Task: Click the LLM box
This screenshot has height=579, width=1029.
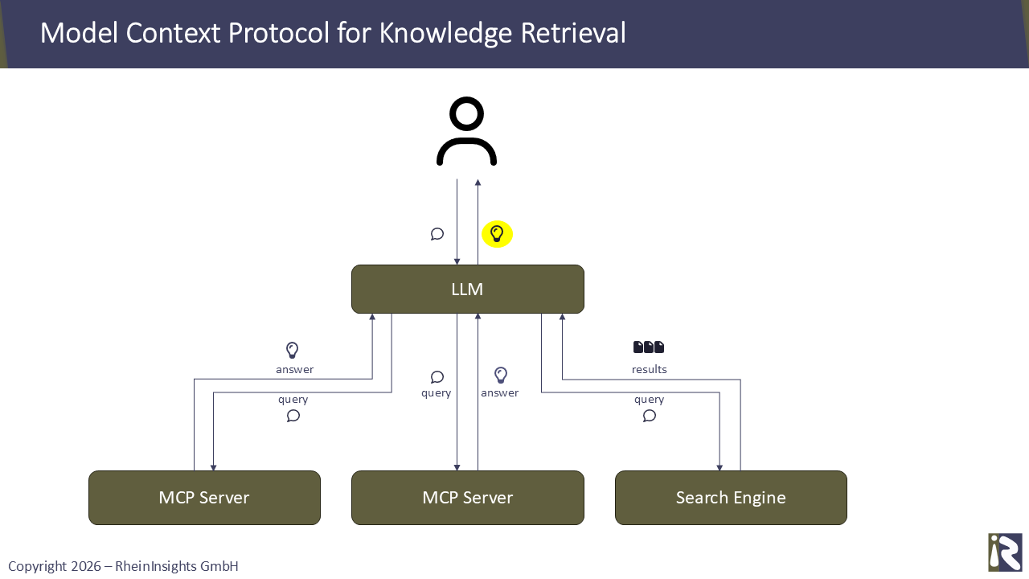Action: [x=467, y=289]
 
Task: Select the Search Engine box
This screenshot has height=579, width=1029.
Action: [x=731, y=498]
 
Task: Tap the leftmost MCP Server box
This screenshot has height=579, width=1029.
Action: [x=204, y=498]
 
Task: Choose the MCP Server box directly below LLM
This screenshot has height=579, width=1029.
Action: [x=467, y=498]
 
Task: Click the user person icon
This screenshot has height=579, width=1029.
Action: [x=466, y=132]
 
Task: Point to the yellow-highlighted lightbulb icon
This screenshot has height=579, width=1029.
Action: [x=497, y=234]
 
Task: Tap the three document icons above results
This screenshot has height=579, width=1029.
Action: [x=649, y=347]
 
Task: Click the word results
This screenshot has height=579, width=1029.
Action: [x=649, y=370]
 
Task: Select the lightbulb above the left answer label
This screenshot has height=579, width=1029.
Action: [x=293, y=351]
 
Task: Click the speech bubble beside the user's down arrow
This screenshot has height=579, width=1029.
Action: [x=437, y=234]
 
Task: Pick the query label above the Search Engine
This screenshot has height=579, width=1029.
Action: [x=649, y=400]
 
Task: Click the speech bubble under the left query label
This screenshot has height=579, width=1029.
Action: [x=293, y=416]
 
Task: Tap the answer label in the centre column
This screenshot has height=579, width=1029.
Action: [x=499, y=393]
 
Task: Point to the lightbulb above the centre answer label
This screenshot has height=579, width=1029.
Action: [x=501, y=376]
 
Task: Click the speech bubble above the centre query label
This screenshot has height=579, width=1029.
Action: [x=437, y=377]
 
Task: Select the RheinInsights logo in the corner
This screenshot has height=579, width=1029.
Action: [x=1005, y=552]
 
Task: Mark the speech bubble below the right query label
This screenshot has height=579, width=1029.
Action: [x=650, y=416]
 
